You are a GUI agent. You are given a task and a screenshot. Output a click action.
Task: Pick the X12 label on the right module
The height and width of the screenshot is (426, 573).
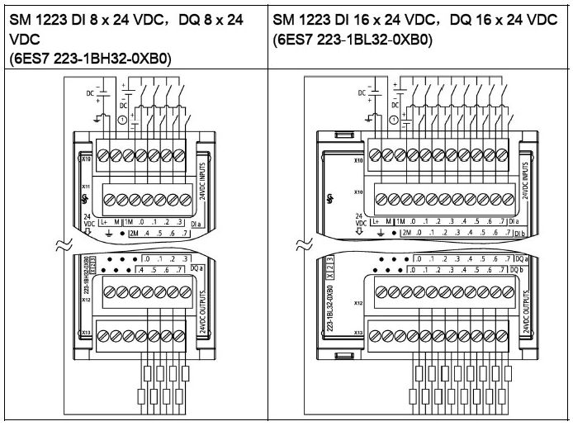tap(359, 302)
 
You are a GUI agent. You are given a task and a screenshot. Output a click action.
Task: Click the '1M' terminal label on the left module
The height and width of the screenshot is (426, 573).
tap(129, 222)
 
